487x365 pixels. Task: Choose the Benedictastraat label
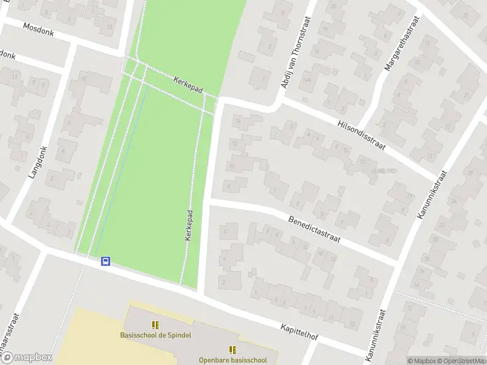314,229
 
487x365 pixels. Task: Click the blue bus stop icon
105,261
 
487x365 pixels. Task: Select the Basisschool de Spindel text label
155,335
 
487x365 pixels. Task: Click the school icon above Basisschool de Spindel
155,325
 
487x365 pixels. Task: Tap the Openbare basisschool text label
233,360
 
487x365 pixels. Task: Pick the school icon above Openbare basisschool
232,349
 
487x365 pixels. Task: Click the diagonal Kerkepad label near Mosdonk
187,84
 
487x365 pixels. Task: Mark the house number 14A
307,80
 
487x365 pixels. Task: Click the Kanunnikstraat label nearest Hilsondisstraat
433,194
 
